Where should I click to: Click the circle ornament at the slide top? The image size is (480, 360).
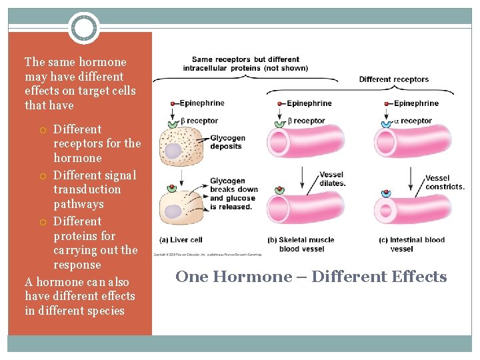point(84,29)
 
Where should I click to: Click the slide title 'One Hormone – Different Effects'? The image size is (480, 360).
point(311,277)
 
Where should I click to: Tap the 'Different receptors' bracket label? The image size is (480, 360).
point(393,79)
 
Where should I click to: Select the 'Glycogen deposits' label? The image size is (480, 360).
point(227,142)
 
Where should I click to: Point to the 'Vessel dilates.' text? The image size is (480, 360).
point(333,179)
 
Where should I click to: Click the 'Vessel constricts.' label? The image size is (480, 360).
point(444,182)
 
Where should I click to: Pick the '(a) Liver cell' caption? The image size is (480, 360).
point(181,240)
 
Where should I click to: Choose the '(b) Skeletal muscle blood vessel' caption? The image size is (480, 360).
point(301,244)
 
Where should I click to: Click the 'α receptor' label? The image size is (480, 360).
point(413,121)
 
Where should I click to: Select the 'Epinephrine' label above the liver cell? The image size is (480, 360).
point(201,103)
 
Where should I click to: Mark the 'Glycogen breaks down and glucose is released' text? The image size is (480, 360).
point(233,193)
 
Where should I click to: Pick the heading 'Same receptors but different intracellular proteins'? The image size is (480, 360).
point(245,63)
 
